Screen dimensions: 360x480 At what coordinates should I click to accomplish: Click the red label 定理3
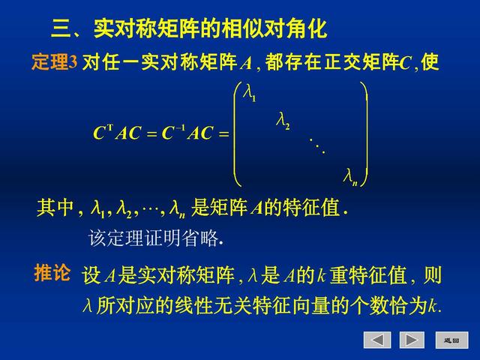(54, 63)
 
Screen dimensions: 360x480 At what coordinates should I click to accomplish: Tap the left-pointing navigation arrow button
(377, 340)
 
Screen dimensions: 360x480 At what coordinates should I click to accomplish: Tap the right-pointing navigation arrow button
(412, 340)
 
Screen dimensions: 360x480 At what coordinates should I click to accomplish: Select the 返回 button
(451, 340)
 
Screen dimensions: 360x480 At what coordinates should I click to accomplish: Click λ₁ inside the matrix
(250, 93)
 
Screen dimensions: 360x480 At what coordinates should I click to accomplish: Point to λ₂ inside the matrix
(283, 120)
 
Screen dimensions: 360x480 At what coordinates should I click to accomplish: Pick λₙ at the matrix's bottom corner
(349, 176)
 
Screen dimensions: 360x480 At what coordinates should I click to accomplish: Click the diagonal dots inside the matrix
(317, 145)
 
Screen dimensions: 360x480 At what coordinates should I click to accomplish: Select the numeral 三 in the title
(61, 29)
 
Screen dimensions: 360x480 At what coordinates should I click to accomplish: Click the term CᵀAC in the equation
(116, 133)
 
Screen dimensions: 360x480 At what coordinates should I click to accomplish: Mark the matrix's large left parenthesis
(238, 135)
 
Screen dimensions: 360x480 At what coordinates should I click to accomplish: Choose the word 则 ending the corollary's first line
(432, 275)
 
